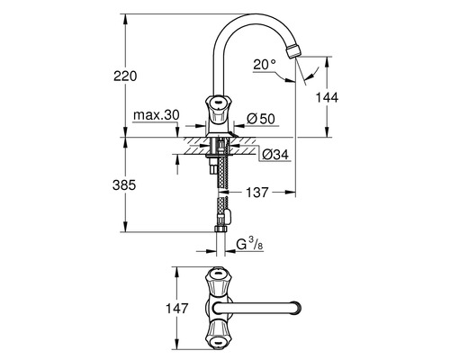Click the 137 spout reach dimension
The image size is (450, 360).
click(x=258, y=191)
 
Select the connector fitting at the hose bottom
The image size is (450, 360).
click(x=222, y=216)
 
